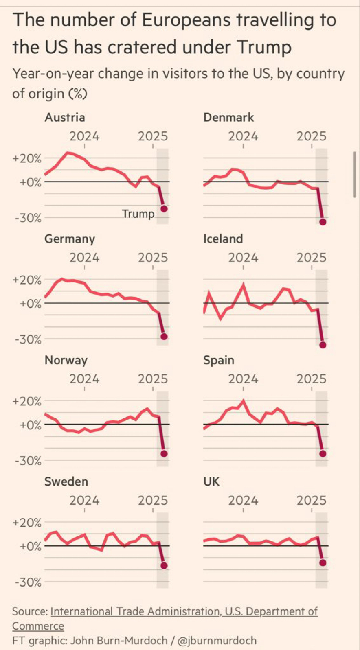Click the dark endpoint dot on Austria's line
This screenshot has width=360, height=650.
(x=164, y=209)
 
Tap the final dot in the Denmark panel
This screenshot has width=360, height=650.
(x=323, y=222)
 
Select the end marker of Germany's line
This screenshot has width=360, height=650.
(x=164, y=337)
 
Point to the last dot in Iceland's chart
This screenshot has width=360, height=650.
(x=323, y=345)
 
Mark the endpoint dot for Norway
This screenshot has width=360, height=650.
(x=164, y=453)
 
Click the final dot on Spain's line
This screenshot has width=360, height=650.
(x=323, y=453)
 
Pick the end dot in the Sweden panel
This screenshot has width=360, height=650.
(x=164, y=565)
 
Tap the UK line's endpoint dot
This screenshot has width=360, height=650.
(x=323, y=563)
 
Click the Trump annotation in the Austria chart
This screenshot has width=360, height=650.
(x=138, y=214)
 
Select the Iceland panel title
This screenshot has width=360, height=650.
(x=223, y=239)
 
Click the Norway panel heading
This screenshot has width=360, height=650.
(x=66, y=360)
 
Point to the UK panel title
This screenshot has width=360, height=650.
(x=211, y=481)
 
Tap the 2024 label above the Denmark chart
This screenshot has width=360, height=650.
(x=243, y=136)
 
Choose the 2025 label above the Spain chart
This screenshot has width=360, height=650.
(x=312, y=379)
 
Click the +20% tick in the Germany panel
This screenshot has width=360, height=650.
(x=27, y=280)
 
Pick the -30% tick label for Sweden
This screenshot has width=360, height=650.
(x=28, y=582)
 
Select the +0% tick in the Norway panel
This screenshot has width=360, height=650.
(x=30, y=425)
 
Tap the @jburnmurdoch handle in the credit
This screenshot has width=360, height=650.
(x=217, y=640)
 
